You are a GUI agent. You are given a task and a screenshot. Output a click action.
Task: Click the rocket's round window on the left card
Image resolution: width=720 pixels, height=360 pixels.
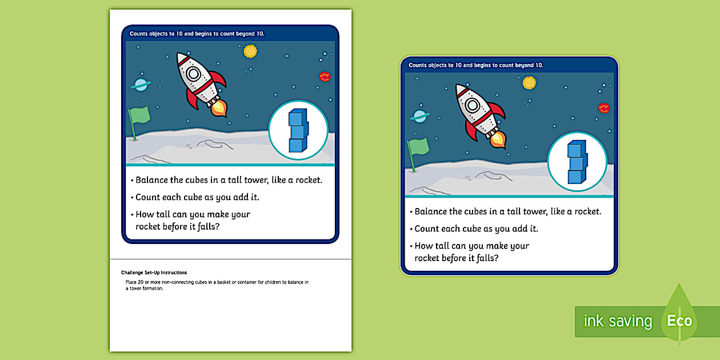[x=193, y=74]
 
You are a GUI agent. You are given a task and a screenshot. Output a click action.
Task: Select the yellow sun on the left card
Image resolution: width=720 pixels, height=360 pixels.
[x=250, y=51]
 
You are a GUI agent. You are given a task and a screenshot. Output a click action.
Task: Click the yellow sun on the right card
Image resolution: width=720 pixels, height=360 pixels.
[x=530, y=83]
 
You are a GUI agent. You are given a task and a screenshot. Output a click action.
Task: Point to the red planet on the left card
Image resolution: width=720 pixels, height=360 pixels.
[x=325, y=77]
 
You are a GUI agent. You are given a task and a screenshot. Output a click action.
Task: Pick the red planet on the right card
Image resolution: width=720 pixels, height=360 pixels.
[x=604, y=108]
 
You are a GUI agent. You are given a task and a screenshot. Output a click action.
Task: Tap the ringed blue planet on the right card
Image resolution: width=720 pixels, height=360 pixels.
[x=419, y=116]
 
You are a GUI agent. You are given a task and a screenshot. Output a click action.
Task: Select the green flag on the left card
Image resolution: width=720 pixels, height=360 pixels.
[x=139, y=117]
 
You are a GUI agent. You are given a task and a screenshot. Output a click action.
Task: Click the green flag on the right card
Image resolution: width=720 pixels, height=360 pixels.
[x=418, y=148]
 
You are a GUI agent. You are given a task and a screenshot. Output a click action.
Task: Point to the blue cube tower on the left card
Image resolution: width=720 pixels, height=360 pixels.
[x=298, y=131]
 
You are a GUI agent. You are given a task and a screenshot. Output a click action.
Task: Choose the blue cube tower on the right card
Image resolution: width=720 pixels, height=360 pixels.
[x=577, y=162]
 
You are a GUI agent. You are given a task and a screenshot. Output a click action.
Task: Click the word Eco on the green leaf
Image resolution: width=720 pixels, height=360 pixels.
[x=679, y=321]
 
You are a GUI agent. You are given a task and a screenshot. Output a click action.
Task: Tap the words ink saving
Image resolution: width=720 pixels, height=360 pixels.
[x=618, y=321]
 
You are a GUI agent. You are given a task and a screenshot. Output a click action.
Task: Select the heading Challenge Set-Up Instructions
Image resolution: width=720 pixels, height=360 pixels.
[x=154, y=273]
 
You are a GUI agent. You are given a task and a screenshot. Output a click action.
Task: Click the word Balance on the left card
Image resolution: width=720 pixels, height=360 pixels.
[x=151, y=180]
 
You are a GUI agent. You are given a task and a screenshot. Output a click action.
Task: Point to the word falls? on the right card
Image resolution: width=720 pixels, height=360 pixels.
[x=486, y=258]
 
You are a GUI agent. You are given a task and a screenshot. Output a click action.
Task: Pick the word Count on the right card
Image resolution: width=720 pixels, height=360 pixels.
[x=427, y=229]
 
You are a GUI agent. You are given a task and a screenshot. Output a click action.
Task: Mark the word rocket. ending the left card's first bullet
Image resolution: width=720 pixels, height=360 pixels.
[x=305, y=180]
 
